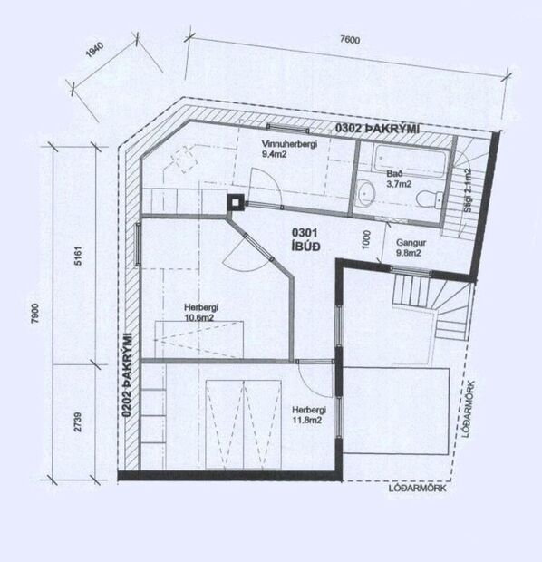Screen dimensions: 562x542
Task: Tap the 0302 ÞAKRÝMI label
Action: (x=377, y=128)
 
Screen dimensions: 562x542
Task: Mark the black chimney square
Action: (x=236, y=202)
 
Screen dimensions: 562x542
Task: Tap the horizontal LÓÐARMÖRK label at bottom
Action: (x=417, y=489)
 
